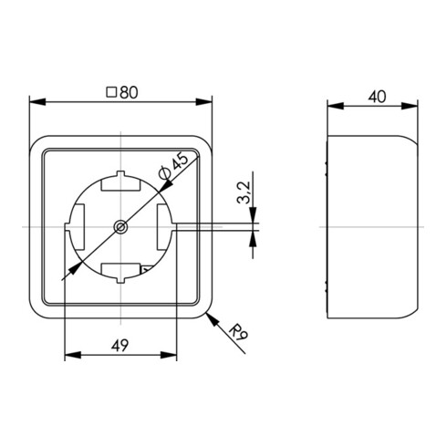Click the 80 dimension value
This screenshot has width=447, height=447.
click(x=129, y=92)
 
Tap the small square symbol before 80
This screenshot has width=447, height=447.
click(x=111, y=92)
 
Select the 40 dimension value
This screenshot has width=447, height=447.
click(x=377, y=97)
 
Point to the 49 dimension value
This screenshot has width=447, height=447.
click(x=120, y=345)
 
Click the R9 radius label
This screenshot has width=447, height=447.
click(x=238, y=332)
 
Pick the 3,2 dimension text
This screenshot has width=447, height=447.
click(x=244, y=192)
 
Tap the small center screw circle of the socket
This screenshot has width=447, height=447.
click(x=120, y=227)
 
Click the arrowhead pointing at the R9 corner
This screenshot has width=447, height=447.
click(x=213, y=320)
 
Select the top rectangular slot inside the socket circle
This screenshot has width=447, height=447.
click(x=120, y=184)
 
